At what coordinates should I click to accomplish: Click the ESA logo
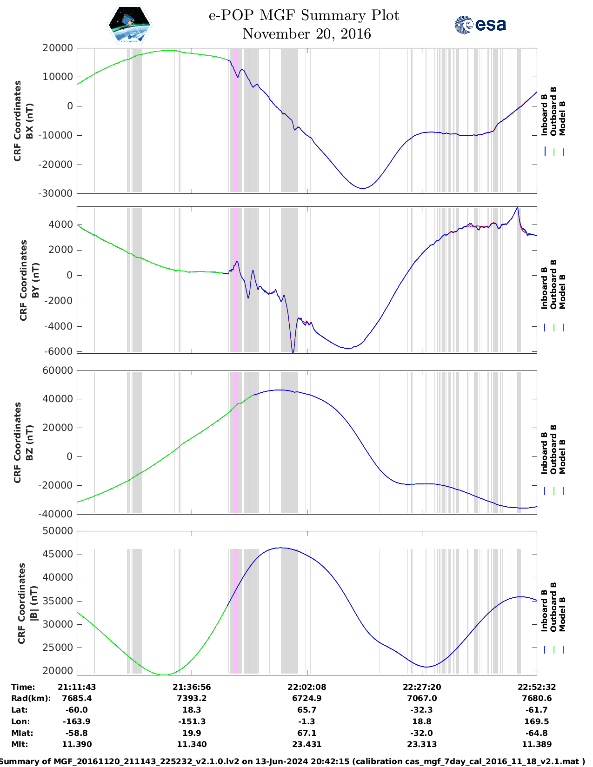tap(480, 25)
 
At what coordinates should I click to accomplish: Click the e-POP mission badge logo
tap(129, 25)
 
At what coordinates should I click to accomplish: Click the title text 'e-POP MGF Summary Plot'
tap(304, 15)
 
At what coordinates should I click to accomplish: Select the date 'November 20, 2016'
tap(306, 34)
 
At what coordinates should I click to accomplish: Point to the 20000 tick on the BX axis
tap(57, 48)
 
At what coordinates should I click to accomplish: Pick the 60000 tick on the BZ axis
tap(57, 370)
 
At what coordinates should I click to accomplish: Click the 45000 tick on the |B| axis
tap(57, 554)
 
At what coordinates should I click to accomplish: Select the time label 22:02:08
tap(306, 687)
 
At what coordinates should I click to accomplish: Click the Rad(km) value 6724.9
tap(306, 698)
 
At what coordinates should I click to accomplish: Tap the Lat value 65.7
tap(306, 710)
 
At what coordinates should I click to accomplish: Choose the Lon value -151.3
tap(192, 721)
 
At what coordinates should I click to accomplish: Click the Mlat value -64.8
tap(537, 733)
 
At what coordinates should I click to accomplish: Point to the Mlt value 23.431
tap(306, 744)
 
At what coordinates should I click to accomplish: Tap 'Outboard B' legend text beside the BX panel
tap(553, 111)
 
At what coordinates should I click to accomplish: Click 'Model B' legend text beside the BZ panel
tap(562, 456)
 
